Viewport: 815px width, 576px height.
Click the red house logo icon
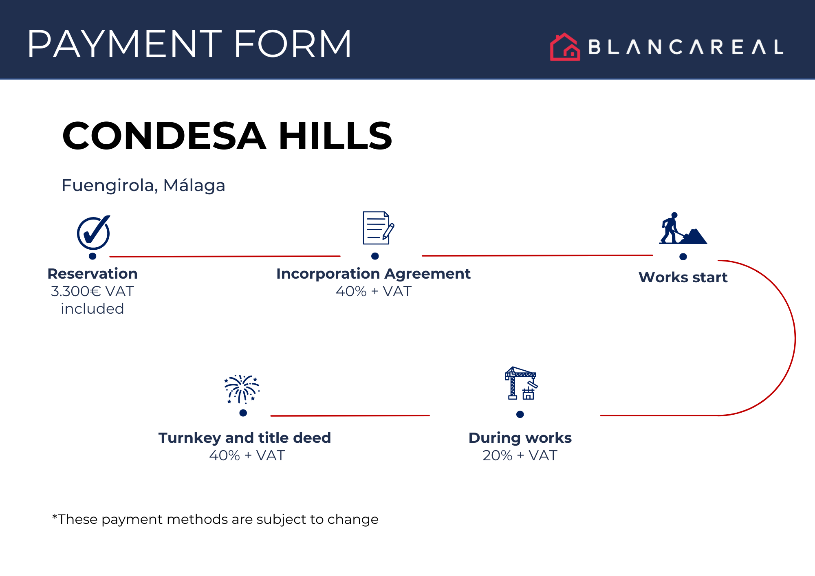[565, 47]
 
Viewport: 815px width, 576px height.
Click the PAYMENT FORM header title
[189, 44]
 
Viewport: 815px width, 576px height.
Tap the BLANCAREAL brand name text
[686, 47]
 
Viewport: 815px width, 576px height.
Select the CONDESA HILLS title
[227, 136]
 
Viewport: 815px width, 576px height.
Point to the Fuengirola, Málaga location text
[143, 185]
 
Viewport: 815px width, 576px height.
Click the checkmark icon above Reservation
[94, 232]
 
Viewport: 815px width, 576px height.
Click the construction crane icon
[521, 383]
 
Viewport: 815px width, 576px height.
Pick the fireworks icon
[242, 389]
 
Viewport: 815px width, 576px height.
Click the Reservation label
[93, 274]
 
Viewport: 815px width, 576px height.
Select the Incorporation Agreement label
[373, 274]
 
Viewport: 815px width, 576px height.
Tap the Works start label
[683, 277]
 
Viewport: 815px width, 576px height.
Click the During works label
[520, 438]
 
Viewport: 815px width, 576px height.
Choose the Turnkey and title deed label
[244, 438]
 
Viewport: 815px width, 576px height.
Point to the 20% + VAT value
[520, 455]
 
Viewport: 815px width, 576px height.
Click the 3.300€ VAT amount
[92, 291]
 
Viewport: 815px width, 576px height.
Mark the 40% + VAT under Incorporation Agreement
[374, 291]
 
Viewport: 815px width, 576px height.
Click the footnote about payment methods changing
[215, 519]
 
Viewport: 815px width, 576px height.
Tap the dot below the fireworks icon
[243, 413]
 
